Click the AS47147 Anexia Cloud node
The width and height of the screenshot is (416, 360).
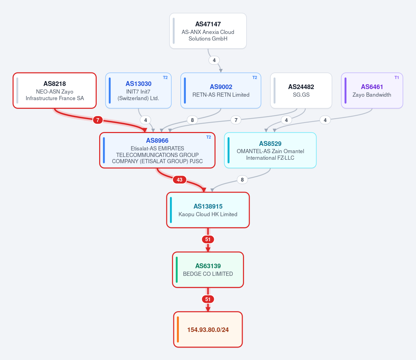[208, 31]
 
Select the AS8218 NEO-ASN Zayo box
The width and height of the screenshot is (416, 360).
[54, 90]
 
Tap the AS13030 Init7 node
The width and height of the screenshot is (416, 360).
[138, 90]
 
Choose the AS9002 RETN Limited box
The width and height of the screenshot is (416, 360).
[221, 90]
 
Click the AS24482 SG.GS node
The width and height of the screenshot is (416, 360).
[301, 90]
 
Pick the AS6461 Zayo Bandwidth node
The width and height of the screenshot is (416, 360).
[372, 90]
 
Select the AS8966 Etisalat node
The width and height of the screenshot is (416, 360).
[157, 150]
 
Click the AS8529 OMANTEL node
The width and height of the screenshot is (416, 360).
[270, 150]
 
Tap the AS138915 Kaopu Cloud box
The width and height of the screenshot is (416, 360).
[208, 210]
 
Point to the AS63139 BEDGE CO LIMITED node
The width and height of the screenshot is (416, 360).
[208, 270]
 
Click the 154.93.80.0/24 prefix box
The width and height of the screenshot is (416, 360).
[208, 330]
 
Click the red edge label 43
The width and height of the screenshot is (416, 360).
[180, 179]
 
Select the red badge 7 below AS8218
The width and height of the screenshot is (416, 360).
[98, 120]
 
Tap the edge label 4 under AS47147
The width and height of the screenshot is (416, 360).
[214, 60]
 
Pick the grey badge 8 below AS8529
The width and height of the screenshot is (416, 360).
[242, 179]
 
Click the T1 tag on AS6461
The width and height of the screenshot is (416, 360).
[397, 78]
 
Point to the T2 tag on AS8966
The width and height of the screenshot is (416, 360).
[209, 137]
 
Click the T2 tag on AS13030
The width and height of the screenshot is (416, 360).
[165, 78]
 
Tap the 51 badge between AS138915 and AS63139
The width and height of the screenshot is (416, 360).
[208, 239]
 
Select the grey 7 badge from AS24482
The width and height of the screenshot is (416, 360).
[236, 120]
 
